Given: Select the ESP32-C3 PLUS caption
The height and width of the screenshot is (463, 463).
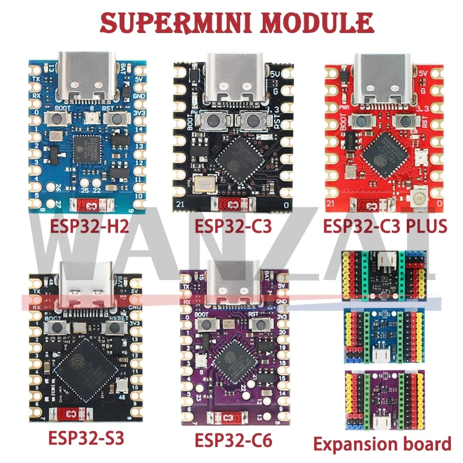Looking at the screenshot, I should pos(385,225).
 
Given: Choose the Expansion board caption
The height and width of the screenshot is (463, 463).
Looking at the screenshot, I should pos(382,444).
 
